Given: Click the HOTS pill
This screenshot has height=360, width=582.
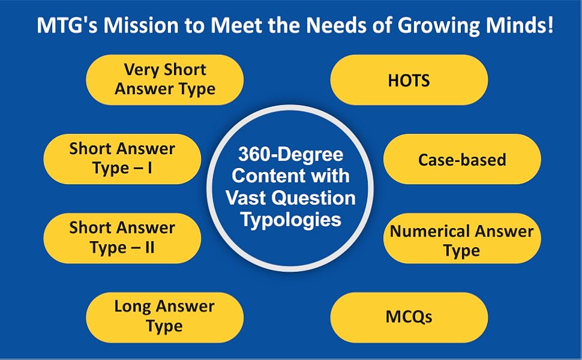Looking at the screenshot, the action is (x=409, y=80).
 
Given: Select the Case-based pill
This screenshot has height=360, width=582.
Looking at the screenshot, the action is (x=462, y=160).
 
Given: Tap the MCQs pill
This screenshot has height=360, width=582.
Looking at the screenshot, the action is (x=409, y=316).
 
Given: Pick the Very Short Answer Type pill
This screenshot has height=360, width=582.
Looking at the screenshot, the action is (x=165, y=80).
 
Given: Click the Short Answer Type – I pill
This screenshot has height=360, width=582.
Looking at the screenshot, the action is (x=122, y=159).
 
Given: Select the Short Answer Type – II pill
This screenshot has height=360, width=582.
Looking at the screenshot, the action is (x=122, y=238).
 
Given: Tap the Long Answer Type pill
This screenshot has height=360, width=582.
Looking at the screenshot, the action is (x=165, y=316).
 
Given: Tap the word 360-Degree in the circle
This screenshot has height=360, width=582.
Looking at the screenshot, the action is (x=290, y=155).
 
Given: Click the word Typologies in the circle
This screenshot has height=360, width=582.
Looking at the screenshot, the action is (x=291, y=220).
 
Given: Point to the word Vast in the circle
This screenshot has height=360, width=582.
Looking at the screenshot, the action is (x=248, y=198).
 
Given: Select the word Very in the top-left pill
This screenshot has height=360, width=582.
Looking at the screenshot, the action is (x=142, y=70).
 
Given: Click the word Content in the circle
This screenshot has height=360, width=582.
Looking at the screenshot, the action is (x=267, y=176).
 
